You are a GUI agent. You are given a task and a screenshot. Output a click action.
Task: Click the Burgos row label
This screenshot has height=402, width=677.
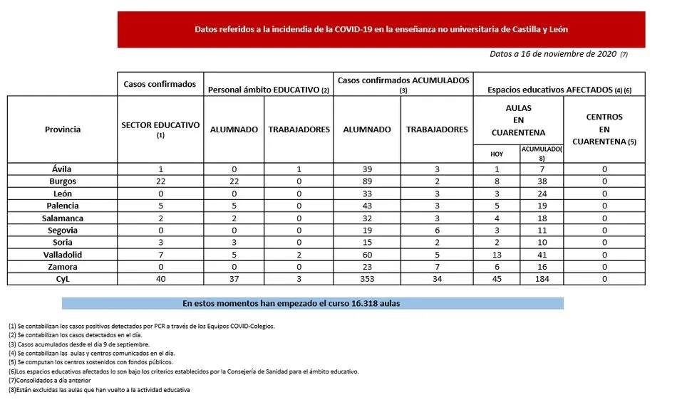62,181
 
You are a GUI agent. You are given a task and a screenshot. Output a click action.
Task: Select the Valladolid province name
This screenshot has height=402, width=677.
62,255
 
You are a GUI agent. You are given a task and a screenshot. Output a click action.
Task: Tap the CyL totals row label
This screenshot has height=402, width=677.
62,279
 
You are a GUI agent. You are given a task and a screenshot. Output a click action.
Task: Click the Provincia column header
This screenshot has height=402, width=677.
62,129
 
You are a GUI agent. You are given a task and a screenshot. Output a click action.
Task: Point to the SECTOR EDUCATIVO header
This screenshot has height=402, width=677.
160,128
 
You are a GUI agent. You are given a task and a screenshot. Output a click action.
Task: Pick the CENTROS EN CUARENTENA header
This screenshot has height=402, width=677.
604,129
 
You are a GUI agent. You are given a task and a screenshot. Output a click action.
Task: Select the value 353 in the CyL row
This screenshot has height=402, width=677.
367,279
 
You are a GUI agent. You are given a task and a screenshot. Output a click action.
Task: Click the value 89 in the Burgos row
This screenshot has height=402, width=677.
367,181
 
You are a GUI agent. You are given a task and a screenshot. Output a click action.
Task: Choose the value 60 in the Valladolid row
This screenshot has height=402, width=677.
367,255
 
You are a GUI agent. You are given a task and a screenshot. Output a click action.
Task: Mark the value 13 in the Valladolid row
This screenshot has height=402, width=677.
496,255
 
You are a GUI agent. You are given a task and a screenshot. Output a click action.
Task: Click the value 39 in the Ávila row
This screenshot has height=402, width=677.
367,169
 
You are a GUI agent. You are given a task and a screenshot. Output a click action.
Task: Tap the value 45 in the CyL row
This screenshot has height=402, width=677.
496,279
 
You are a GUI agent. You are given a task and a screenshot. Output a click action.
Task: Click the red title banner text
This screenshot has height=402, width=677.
381,30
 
